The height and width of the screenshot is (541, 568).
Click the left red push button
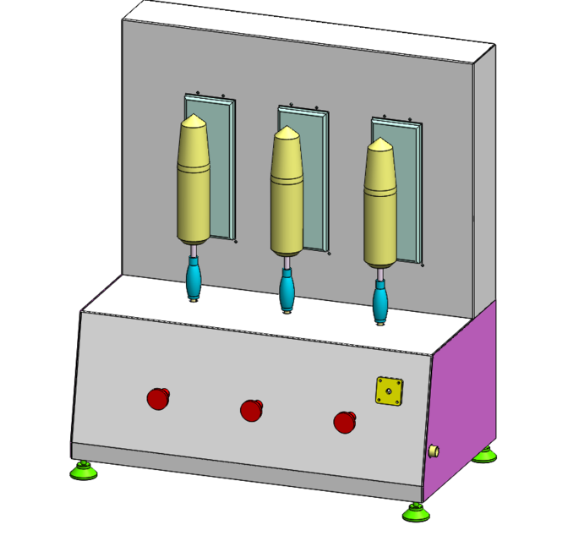[x=158, y=397]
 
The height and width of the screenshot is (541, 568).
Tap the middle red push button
[x=252, y=410]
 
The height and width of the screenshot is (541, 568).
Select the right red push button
[x=345, y=421]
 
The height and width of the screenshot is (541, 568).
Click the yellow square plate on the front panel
[x=389, y=391]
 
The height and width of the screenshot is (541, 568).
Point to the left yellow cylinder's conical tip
[x=194, y=119]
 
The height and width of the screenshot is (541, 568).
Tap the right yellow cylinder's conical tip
[x=381, y=144]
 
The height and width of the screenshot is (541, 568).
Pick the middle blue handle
[x=287, y=292]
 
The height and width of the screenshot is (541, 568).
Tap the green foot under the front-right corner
[x=415, y=512]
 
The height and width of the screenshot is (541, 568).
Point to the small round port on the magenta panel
[x=434, y=451]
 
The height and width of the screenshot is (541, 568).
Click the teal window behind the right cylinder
[x=408, y=194]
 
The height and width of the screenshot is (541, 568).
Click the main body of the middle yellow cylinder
[x=288, y=203]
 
